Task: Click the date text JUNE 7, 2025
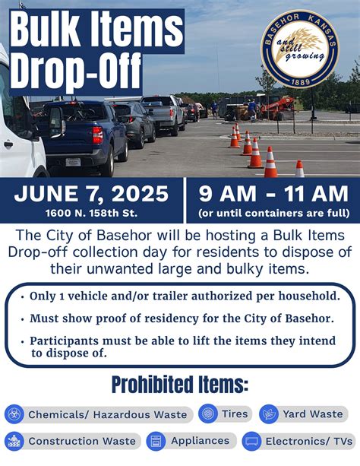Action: [x=90, y=194]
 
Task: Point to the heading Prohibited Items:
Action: [x=180, y=385]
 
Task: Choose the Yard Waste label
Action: [x=311, y=414]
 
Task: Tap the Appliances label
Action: [x=200, y=441]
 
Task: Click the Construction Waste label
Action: [x=81, y=441]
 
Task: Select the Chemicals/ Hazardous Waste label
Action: [x=107, y=414]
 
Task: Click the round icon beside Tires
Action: [x=207, y=414]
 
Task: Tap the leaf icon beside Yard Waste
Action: [x=268, y=414]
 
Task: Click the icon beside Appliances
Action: [x=156, y=441]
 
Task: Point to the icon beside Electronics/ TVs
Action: [x=252, y=441]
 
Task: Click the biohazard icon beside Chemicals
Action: [x=14, y=414]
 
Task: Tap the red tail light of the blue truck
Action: [x=97, y=135]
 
